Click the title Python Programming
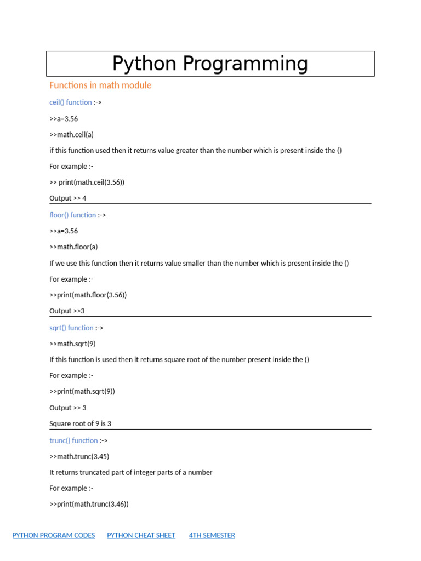[210, 64]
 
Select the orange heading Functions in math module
[100, 85]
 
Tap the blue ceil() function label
[71, 102]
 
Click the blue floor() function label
[73, 215]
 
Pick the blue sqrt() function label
[71, 328]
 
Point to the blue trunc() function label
[73, 440]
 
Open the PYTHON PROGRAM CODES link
[54, 535]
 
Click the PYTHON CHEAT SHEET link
[141, 535]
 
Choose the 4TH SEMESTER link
[212, 535]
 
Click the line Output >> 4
[68, 198]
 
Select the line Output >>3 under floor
[67, 311]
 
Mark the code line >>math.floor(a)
[73, 247]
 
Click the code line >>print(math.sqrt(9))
[82, 392]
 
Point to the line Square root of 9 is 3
[80, 424]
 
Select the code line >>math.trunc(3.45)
[79, 456]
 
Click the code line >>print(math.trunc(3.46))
[89, 504]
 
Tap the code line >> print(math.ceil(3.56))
[87, 182]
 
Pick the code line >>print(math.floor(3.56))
[88, 295]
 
